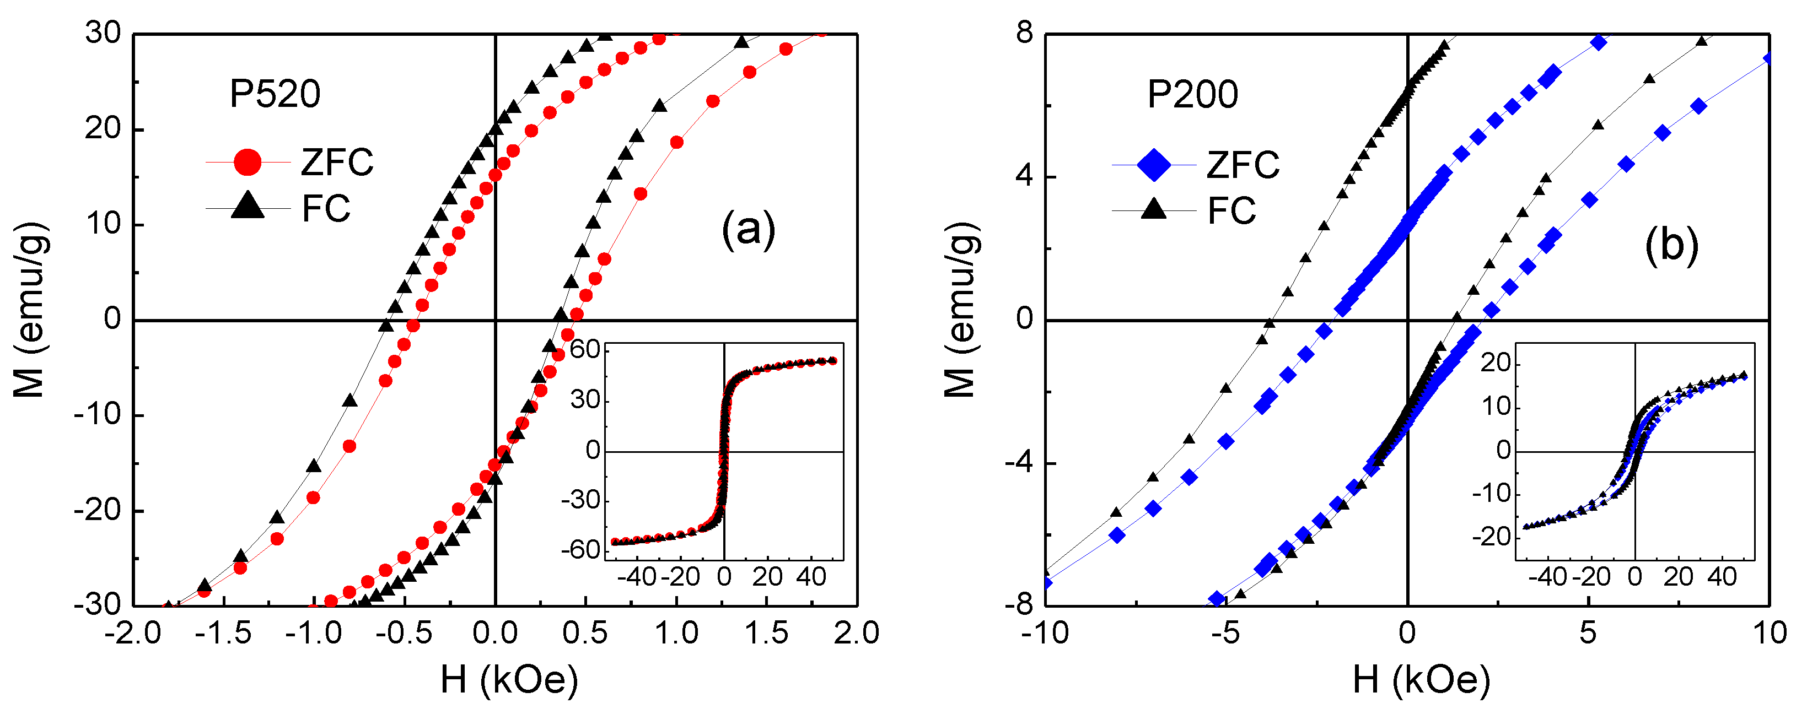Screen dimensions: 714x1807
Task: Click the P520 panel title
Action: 275,94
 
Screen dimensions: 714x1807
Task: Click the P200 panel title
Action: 1192,95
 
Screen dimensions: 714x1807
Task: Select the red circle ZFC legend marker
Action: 247,162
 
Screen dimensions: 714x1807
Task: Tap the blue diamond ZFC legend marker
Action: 1153,165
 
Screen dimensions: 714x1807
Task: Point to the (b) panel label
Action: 1671,246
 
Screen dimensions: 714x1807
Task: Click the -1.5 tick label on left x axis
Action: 223,634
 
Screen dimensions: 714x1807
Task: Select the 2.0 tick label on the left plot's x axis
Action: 857,634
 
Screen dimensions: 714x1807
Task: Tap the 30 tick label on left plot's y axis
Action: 103,33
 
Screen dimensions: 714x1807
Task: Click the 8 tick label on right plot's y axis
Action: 1025,33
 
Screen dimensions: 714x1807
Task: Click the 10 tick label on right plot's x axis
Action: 1769,634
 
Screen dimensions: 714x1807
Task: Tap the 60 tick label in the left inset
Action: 584,349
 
